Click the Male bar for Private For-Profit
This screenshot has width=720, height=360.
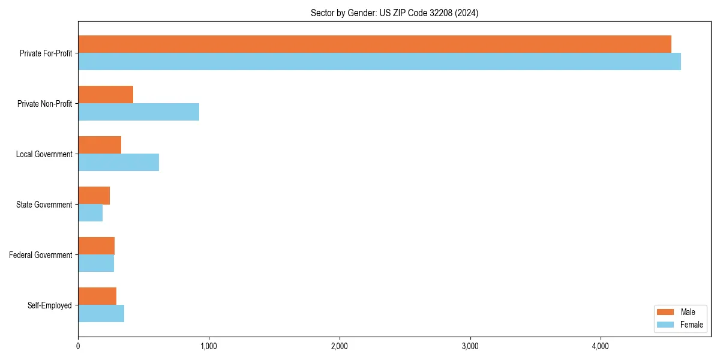pyautogui.click(x=374, y=44)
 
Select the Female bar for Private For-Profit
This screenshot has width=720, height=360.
pyautogui.click(x=379, y=62)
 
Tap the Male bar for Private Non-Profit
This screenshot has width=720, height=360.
pyautogui.click(x=106, y=95)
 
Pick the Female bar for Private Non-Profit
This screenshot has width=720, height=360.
pyautogui.click(x=139, y=112)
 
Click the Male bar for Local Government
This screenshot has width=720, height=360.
pyautogui.click(x=100, y=145)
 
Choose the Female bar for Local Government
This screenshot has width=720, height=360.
pyautogui.click(x=118, y=163)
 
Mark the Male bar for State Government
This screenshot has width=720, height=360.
pyautogui.click(x=94, y=196)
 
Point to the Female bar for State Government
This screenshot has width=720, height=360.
pyautogui.click(x=90, y=213)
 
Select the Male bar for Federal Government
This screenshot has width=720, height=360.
pyautogui.click(x=96, y=246)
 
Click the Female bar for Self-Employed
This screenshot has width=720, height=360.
pyautogui.click(x=101, y=314)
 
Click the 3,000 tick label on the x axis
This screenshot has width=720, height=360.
pyautogui.click(x=470, y=346)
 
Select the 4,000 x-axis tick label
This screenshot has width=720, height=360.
pyautogui.click(x=601, y=346)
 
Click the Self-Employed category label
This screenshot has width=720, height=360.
pyautogui.click(x=50, y=305)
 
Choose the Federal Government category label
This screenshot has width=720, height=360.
pyautogui.click(x=41, y=255)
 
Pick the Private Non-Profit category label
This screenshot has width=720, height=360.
pyautogui.click(x=45, y=104)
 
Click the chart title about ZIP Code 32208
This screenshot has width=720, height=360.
pyautogui.click(x=394, y=13)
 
